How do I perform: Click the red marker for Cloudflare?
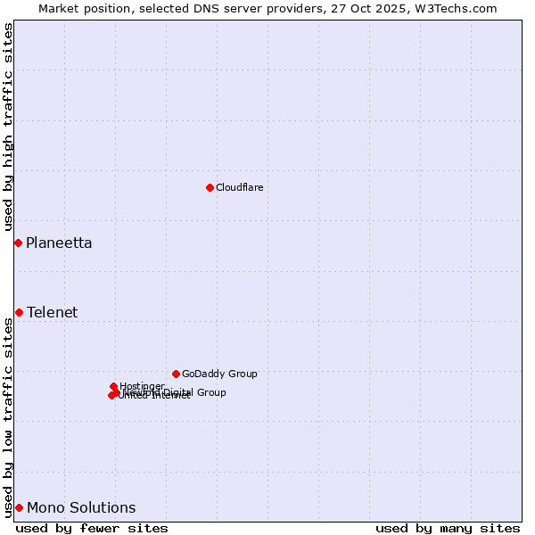(x=210, y=187)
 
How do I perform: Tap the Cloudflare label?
(x=239, y=187)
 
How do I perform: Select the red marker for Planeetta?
(x=18, y=243)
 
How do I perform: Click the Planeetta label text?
(x=59, y=243)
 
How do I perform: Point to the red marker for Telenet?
(x=19, y=312)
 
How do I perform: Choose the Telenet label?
(x=52, y=312)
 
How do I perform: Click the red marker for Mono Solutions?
(x=19, y=507)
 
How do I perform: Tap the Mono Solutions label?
(x=81, y=507)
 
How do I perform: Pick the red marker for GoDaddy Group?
(x=176, y=374)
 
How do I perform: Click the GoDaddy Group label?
(x=219, y=374)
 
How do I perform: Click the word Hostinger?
(x=142, y=386)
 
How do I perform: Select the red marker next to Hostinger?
(x=113, y=386)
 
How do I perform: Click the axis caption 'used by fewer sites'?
(x=92, y=528)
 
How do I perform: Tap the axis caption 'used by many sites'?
(x=448, y=528)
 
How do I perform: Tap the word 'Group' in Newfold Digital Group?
(x=210, y=392)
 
